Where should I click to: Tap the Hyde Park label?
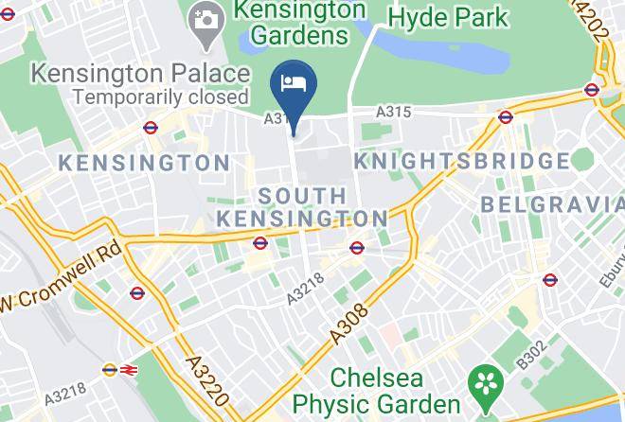[x=448, y=17]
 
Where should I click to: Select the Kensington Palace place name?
[x=141, y=73]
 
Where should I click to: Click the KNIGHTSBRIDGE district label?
[x=462, y=161]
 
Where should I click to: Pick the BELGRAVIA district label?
[x=553, y=203]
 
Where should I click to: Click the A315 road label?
[x=393, y=113]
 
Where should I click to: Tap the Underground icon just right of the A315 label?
[x=505, y=118]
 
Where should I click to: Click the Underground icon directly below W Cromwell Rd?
[x=137, y=293]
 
